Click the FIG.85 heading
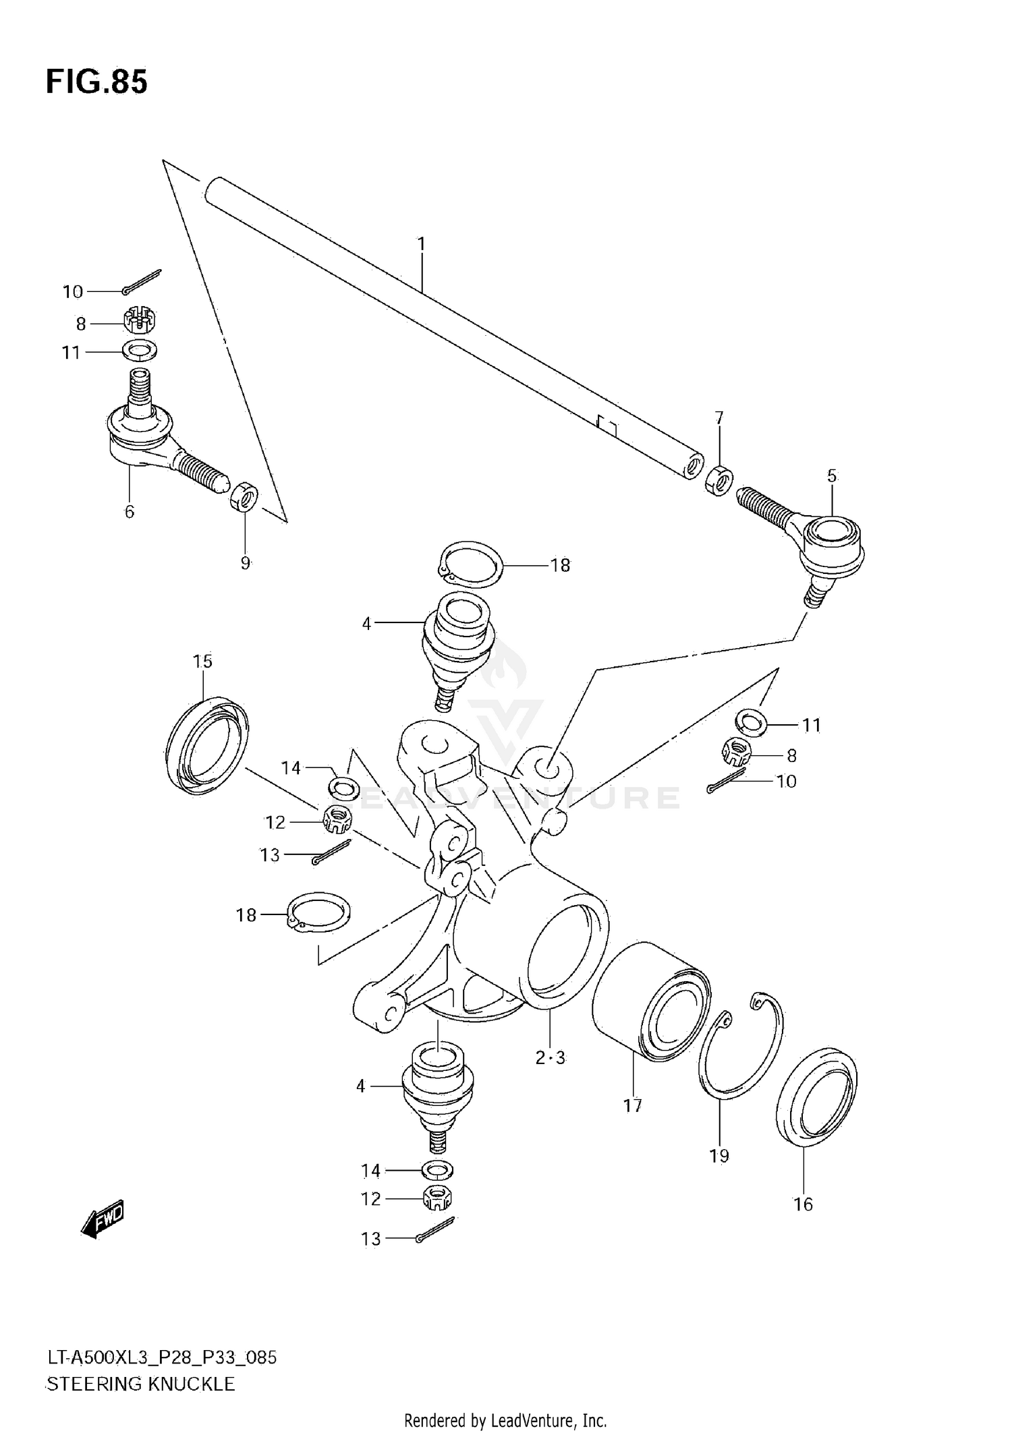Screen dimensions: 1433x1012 96,82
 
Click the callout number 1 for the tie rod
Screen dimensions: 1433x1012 421,244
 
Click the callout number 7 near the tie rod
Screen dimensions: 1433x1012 719,418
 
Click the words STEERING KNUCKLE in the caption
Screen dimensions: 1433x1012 140,1384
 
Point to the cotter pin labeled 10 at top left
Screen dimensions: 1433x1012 143,282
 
